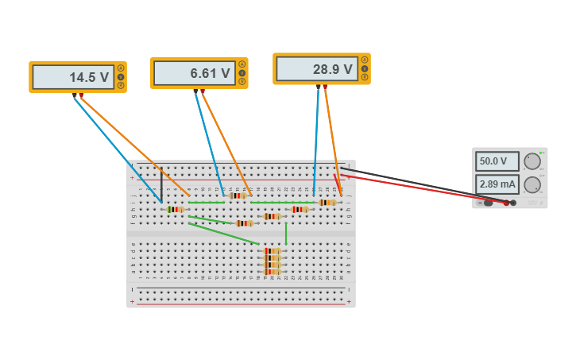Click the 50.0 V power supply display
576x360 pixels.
497,161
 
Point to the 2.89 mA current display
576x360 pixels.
497,184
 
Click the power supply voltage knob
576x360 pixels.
532,161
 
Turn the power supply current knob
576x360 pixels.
532,185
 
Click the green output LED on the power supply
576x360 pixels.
541,153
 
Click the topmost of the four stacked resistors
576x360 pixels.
272,250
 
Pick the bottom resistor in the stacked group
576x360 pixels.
272,272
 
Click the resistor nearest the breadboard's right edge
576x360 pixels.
327,203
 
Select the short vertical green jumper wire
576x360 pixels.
286,233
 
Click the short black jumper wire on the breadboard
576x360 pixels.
161,186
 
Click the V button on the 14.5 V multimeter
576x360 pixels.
121,76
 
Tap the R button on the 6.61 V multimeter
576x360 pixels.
242,82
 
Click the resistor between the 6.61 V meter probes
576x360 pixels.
237,195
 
